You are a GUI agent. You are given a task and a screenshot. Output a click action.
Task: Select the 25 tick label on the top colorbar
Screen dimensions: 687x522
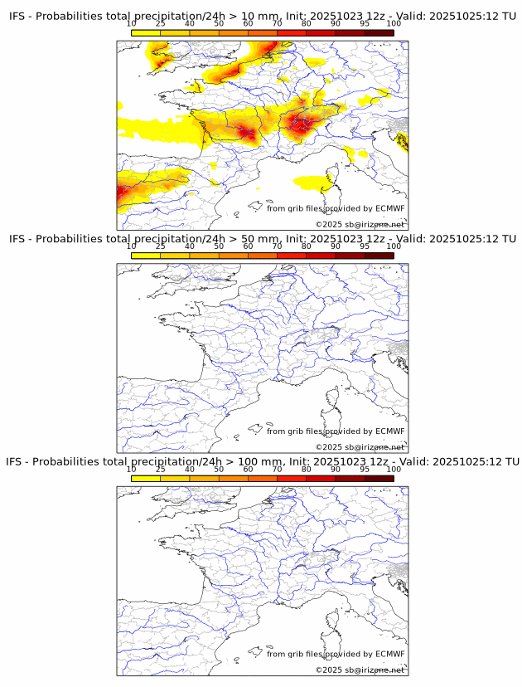click(161, 23)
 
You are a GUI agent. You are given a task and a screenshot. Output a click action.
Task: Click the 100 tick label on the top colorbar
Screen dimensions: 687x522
click(394, 23)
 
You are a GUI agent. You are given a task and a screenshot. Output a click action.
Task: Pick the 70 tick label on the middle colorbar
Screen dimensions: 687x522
click(278, 246)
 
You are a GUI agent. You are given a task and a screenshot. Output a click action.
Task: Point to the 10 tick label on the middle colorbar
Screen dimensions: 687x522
click(132, 246)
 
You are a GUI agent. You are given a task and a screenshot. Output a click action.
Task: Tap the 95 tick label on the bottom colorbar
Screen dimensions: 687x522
click(365, 470)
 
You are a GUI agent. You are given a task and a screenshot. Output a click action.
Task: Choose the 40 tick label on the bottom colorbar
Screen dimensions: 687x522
click(190, 470)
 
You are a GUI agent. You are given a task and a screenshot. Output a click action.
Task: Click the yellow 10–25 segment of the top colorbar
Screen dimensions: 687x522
click(146, 32)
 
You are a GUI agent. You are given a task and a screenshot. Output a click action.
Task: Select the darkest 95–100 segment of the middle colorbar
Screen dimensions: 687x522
click(379, 256)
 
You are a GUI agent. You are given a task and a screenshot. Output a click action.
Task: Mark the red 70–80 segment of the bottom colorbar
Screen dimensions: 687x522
click(292, 478)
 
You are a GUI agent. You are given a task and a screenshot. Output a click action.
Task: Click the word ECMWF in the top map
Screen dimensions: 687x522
click(390, 208)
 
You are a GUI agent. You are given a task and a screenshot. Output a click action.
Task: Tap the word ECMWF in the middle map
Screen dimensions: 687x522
click(390, 431)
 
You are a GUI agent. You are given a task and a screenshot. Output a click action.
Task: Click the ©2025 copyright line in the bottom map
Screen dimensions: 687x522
click(360, 670)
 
